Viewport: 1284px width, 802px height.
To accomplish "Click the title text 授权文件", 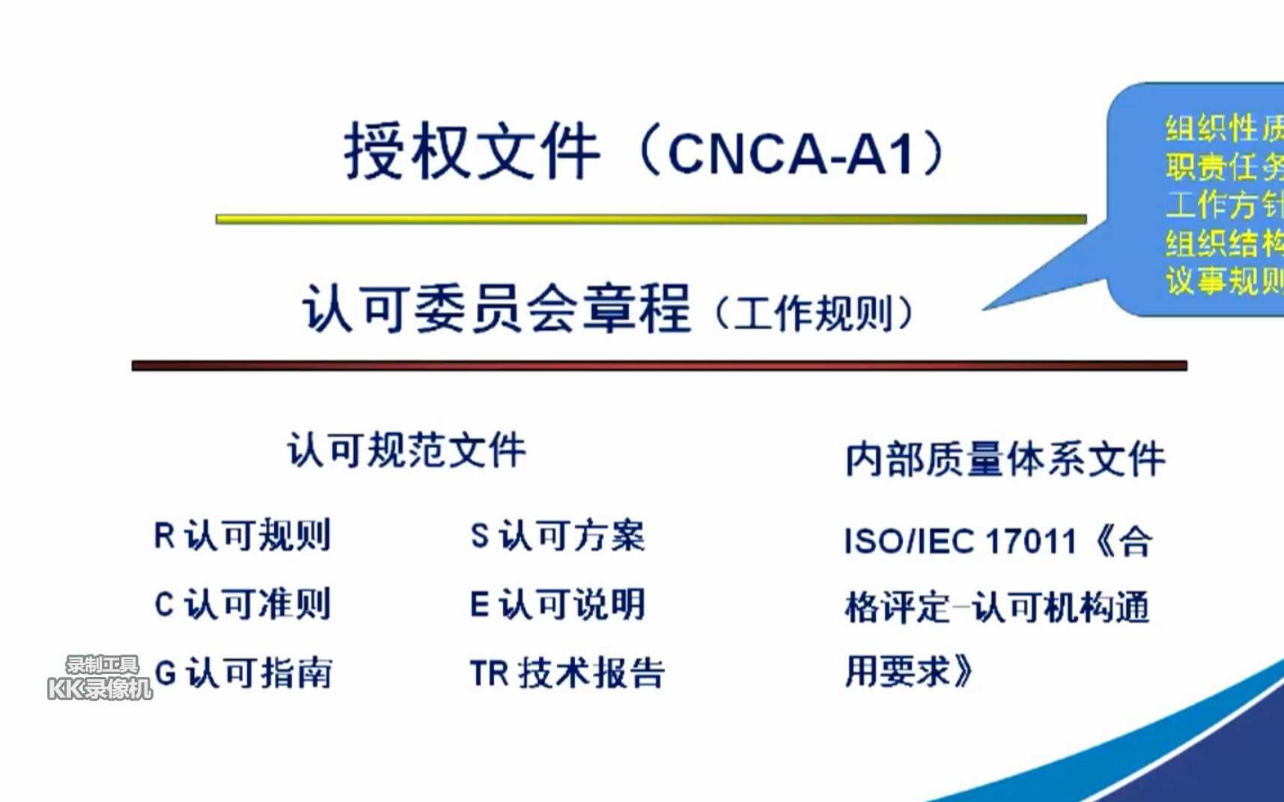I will tap(472, 152).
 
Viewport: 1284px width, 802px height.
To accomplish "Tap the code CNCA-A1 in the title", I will tap(791, 155).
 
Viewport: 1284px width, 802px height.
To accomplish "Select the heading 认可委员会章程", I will tap(496, 308).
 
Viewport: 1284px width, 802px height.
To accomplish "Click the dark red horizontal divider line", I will tap(659, 366).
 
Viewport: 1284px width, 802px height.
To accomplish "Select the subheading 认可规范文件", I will tap(407, 450).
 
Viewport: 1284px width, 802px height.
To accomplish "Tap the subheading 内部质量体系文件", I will tap(1005, 459).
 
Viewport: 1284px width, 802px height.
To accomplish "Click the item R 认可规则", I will tap(242, 536).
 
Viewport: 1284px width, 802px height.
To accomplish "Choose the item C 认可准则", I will tap(242, 604).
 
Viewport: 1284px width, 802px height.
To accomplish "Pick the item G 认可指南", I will tap(243, 673).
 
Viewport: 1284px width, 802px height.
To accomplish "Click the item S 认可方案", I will tap(557, 536).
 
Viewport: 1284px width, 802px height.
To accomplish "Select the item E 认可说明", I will tap(557, 604).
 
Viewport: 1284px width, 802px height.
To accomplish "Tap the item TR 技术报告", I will tap(567, 673).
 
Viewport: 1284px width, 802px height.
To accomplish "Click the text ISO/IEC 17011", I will tap(960, 541).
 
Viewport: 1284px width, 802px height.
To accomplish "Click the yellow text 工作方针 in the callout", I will tap(1223, 204).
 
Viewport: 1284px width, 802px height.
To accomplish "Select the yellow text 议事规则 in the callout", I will tap(1223, 281).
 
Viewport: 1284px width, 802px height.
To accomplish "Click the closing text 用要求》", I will tap(908, 671).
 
